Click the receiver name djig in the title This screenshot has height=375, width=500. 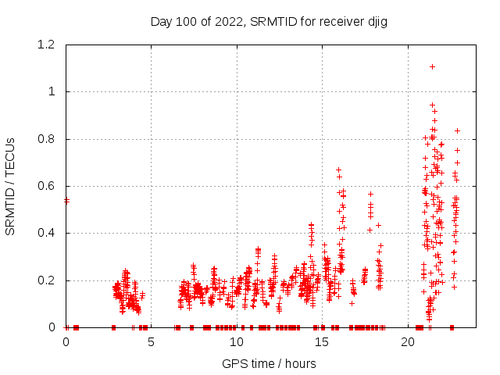coord(374,22)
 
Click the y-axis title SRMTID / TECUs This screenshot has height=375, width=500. coord(11,187)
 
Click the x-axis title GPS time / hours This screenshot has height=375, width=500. coord(269,363)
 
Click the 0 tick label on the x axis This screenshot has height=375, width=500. coord(66,343)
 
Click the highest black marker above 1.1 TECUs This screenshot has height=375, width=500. coord(432,66)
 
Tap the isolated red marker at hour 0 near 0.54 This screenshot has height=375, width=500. coord(66,201)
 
